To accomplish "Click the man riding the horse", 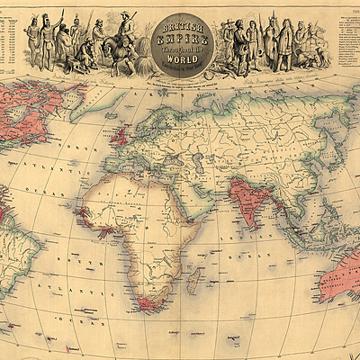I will (127, 29).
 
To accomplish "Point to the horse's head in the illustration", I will (106, 46).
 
